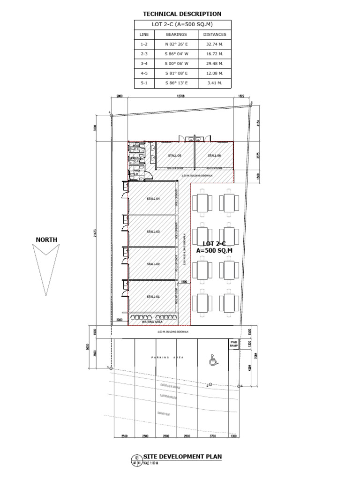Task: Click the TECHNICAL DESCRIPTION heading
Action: [x=182, y=14]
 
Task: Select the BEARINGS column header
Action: [x=176, y=34]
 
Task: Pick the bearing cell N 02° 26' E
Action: [x=176, y=44]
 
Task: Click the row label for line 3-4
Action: [x=144, y=64]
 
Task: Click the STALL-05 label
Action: [x=175, y=156]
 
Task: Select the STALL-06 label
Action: [x=214, y=156]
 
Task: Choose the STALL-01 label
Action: [x=153, y=296]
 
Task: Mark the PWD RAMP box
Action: [x=234, y=344]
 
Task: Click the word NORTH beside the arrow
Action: [x=46, y=240]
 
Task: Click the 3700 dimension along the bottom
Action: [x=212, y=436]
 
